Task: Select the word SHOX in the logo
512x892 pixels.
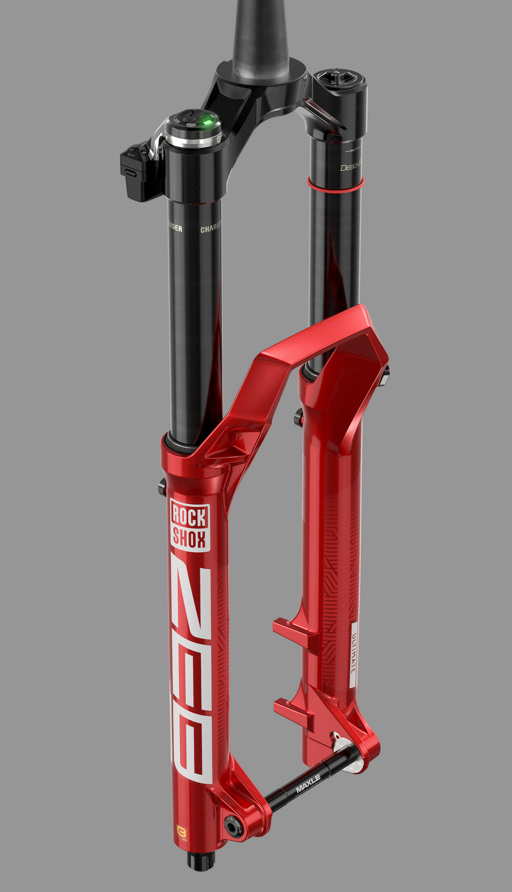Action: point(189,539)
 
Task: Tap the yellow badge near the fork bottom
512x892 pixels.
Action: point(181,833)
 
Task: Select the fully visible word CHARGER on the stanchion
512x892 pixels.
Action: point(211,229)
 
